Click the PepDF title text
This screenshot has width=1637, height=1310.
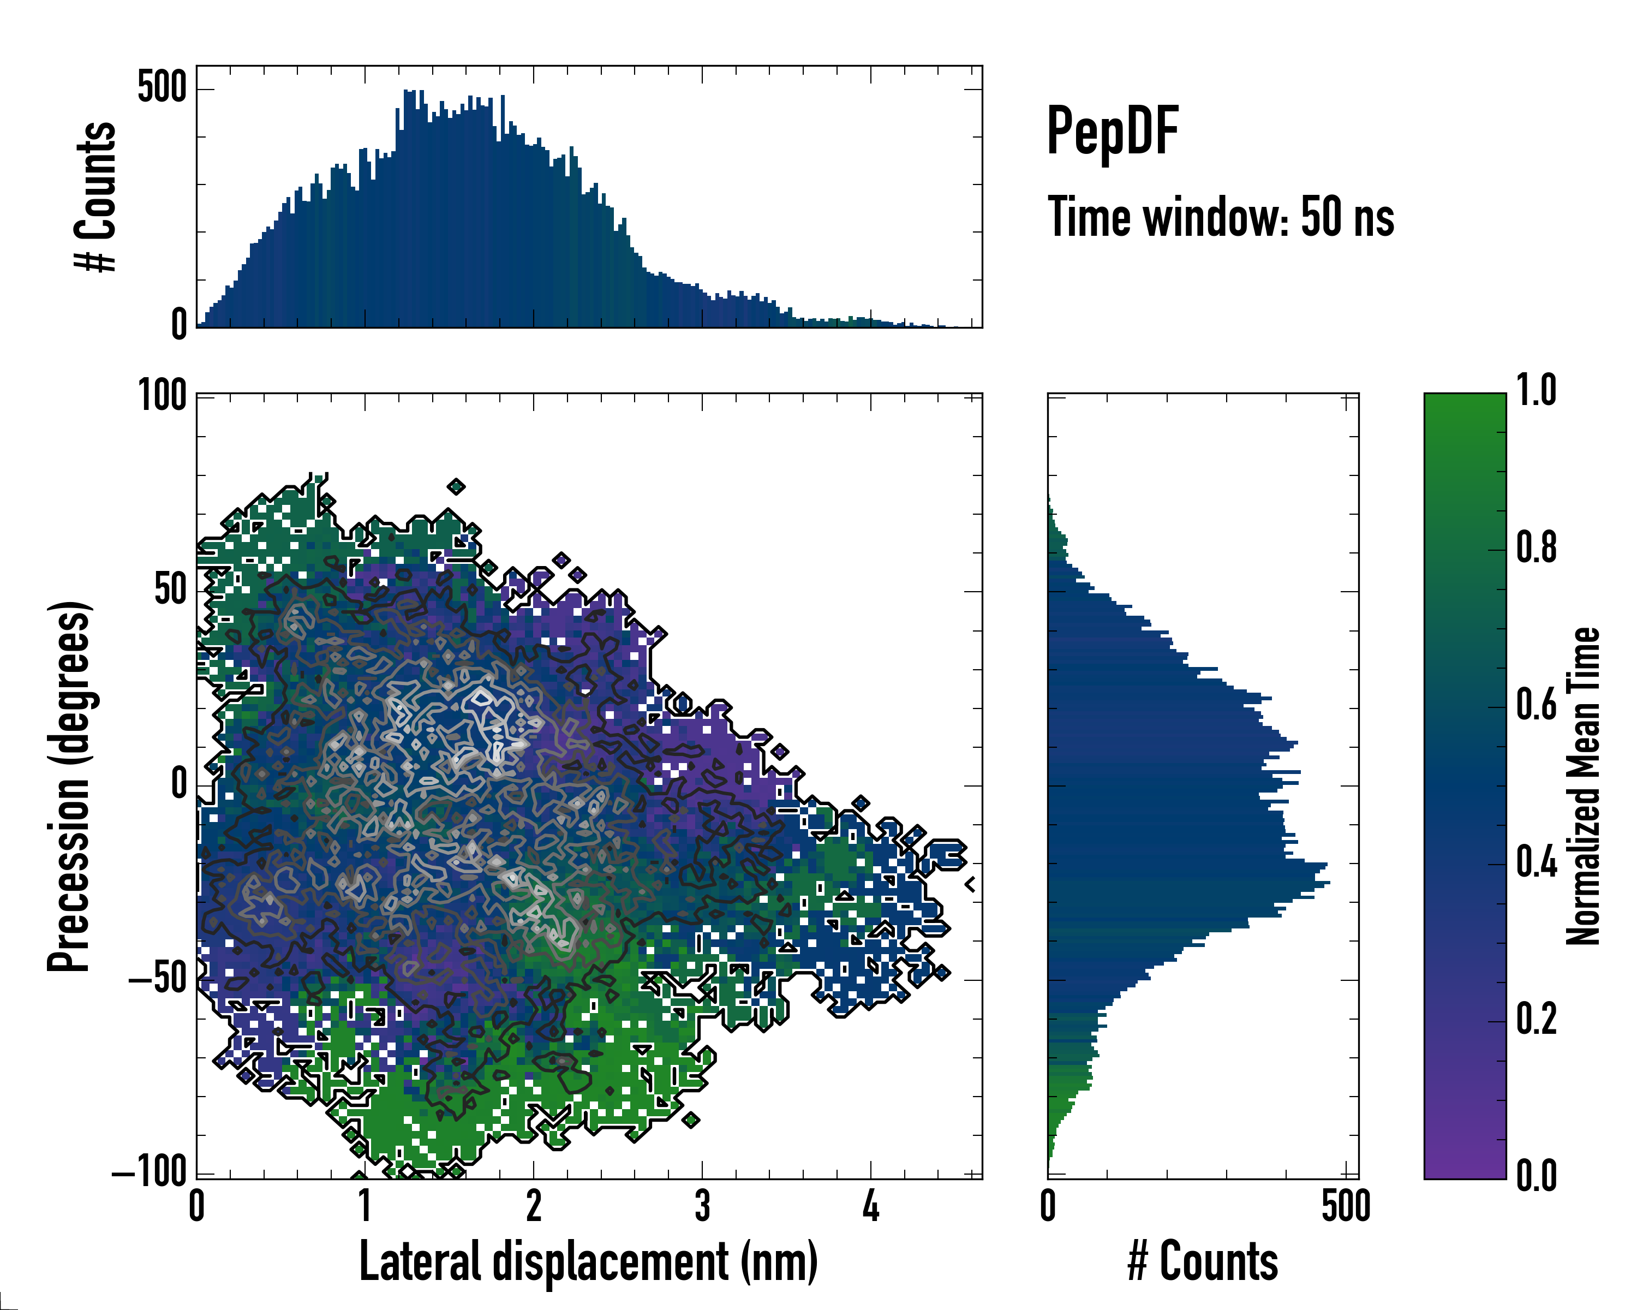click(x=1112, y=132)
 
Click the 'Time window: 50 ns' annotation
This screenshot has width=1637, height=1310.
click(x=1221, y=217)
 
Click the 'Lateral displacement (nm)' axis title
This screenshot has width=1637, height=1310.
click(x=588, y=1261)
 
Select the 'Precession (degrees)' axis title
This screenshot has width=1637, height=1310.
click(x=70, y=786)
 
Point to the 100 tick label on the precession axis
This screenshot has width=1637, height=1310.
click(x=163, y=396)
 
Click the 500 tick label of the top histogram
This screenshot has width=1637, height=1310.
click(x=162, y=87)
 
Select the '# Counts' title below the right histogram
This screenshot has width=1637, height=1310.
click(x=1203, y=1261)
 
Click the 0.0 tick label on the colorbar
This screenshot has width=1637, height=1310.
click(x=1536, y=1176)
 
